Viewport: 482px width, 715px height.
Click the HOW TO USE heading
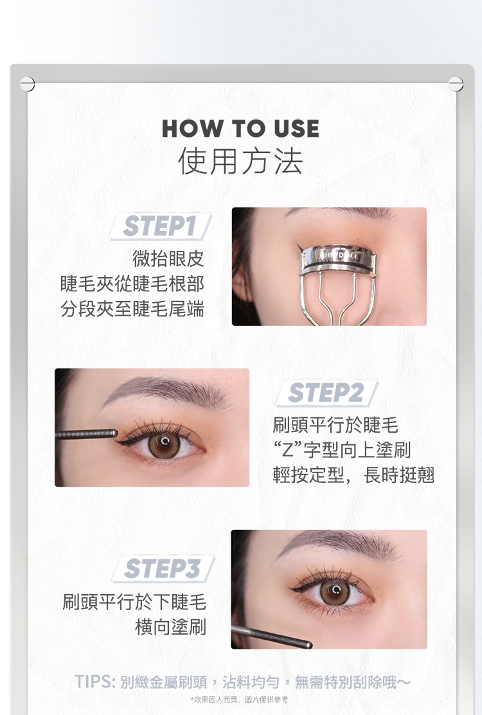click(240, 128)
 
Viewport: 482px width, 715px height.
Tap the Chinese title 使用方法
click(240, 161)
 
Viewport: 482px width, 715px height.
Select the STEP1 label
click(159, 226)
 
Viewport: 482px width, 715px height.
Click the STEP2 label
click(326, 393)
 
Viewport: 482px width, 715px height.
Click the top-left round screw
click(28, 84)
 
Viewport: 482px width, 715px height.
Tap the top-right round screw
click(456, 84)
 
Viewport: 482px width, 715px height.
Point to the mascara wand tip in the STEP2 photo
click(114, 433)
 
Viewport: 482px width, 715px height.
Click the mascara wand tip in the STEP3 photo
click(308, 645)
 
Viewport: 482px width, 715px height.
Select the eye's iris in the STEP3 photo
click(335, 592)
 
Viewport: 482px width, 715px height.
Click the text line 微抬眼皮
click(168, 258)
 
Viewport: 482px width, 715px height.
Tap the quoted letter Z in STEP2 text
click(288, 449)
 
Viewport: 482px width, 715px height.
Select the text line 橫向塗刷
click(170, 627)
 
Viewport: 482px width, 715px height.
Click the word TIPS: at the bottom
click(94, 682)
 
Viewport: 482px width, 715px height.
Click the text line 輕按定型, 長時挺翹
click(353, 475)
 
